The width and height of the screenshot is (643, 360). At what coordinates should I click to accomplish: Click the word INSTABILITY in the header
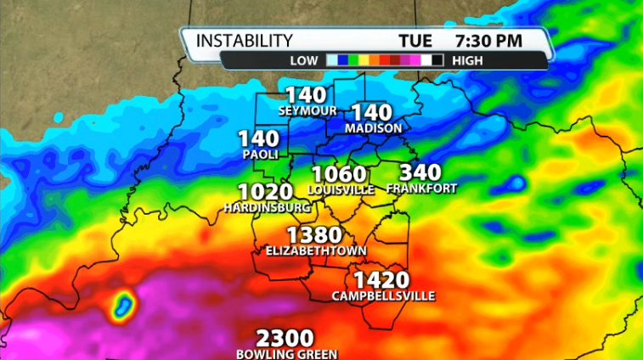245,40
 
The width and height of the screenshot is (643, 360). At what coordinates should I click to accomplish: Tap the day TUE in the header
416,40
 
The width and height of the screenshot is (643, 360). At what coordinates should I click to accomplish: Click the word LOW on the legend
303,60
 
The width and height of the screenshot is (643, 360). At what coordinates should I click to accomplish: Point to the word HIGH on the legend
469,60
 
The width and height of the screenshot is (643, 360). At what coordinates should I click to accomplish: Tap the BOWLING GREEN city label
287,354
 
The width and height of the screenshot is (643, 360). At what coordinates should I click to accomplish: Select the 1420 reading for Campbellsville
382,280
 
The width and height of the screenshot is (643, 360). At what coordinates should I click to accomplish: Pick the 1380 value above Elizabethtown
314,235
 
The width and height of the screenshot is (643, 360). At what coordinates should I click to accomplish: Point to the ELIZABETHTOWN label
316,250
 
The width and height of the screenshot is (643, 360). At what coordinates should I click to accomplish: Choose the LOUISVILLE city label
341,189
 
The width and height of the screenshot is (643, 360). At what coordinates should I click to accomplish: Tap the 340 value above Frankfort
420,172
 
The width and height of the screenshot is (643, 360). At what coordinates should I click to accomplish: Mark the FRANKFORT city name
421,188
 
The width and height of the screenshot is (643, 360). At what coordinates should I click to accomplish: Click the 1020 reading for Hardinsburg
265,192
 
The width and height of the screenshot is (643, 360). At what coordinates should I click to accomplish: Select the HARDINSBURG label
263,206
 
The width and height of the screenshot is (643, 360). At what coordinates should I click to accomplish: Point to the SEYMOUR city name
307,110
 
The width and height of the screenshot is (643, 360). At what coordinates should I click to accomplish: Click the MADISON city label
373,127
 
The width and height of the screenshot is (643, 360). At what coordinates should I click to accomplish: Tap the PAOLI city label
259,154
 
